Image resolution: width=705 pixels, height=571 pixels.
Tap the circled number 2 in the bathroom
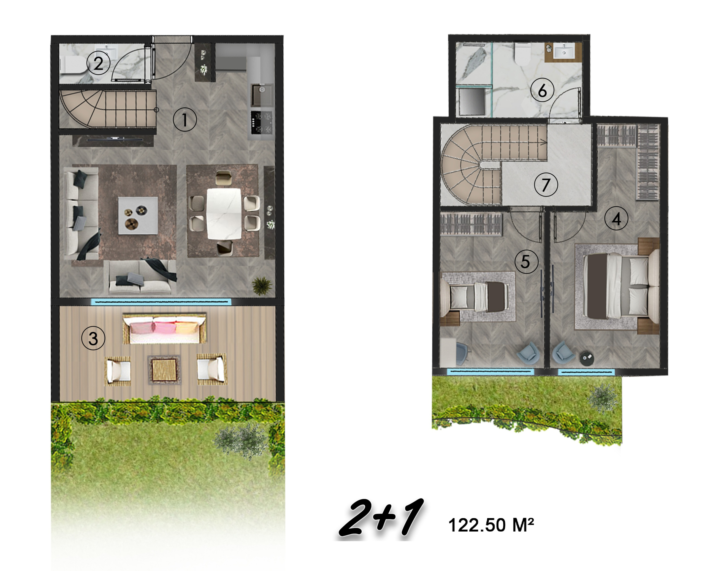[x=98, y=63]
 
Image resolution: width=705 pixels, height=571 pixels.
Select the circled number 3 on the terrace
[x=93, y=338]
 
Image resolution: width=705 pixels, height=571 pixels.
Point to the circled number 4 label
[x=616, y=218]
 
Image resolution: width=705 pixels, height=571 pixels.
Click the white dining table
[x=224, y=214]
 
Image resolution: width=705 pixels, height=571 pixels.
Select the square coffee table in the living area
[x=138, y=216]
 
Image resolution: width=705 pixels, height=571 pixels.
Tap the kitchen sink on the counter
[x=262, y=95]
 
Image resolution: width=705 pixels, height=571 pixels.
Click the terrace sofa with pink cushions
[x=165, y=328]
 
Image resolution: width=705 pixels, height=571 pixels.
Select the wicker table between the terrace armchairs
[x=164, y=370]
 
